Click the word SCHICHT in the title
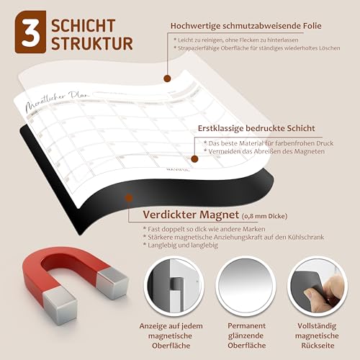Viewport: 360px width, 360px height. click(x=87, y=24)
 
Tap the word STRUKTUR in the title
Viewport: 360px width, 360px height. click(x=92, y=43)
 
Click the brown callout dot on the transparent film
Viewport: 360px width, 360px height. click(x=166, y=78)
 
